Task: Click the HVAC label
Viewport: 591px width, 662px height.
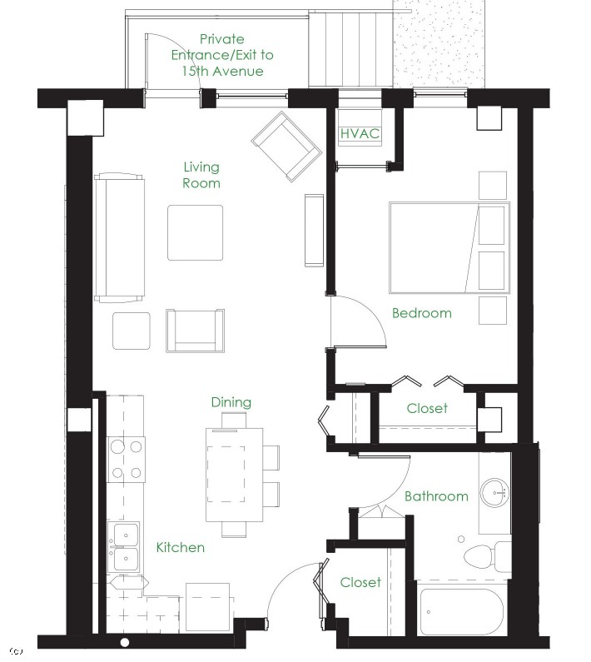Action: (x=360, y=133)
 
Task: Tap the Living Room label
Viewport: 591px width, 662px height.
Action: (x=201, y=175)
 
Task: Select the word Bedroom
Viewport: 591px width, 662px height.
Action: (x=422, y=313)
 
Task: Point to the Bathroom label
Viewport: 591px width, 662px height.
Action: (x=436, y=495)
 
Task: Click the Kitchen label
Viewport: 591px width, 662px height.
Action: (x=181, y=547)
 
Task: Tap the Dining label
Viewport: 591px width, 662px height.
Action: (x=231, y=402)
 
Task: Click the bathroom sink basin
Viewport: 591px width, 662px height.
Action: (x=495, y=492)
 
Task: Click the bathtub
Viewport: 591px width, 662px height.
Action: (x=461, y=608)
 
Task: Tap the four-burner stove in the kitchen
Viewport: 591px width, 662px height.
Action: (x=127, y=460)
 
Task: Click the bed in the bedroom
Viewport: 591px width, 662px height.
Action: (x=449, y=248)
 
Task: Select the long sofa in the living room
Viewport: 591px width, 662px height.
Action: (x=120, y=237)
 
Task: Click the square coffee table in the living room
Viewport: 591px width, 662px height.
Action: (x=195, y=232)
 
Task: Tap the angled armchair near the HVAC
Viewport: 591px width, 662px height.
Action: (x=286, y=147)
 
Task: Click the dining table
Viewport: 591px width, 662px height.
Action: (x=234, y=475)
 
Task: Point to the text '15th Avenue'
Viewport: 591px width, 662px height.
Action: (x=222, y=71)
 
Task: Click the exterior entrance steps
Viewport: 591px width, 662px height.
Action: (x=350, y=48)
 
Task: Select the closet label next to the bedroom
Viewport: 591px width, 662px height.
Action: (x=427, y=408)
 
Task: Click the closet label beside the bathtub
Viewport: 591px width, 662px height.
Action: (x=360, y=582)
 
